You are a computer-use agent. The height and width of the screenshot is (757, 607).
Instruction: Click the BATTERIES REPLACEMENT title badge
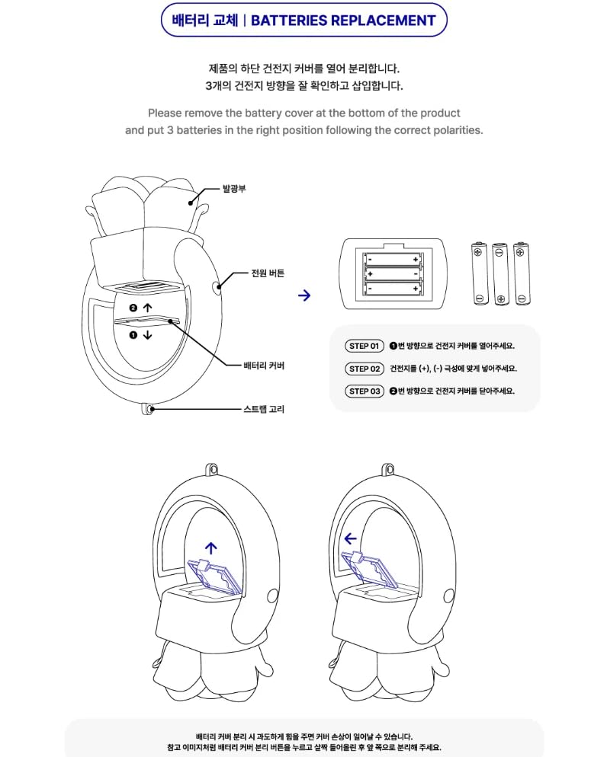[303, 21]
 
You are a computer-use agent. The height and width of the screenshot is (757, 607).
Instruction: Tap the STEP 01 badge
[365, 346]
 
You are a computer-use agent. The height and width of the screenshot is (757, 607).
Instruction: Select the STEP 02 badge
[365, 369]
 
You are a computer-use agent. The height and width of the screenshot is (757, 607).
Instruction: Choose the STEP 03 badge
[365, 391]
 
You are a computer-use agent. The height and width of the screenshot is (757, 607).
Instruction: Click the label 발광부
[233, 187]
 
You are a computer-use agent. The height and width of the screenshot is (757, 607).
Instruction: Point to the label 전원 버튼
[268, 273]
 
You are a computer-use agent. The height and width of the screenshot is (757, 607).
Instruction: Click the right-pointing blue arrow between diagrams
[304, 295]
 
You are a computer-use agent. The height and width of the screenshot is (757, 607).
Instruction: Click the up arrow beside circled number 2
[147, 308]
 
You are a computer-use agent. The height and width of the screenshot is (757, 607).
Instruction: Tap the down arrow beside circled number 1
[147, 334]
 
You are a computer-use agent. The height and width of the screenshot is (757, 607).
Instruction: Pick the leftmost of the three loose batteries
[479, 273]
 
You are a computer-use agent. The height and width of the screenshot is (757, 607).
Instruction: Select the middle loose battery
[500, 273]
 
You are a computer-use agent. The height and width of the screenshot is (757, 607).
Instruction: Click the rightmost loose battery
[521, 273]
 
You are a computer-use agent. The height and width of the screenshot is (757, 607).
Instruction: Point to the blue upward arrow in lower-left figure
[211, 547]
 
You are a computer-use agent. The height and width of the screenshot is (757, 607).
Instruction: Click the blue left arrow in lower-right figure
[350, 538]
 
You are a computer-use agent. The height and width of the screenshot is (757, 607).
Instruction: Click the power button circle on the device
[218, 287]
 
